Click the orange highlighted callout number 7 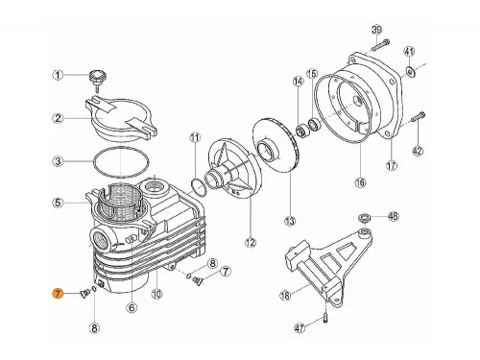pyautogui.click(x=58, y=293)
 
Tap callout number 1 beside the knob pyautogui.click(x=58, y=76)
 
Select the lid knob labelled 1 pyautogui.click(x=98, y=79)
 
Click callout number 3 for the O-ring pyautogui.click(x=58, y=161)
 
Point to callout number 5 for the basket pyautogui.click(x=58, y=203)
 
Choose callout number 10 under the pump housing pyautogui.click(x=156, y=294)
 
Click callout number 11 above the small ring pyautogui.click(x=195, y=138)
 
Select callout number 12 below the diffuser pyautogui.click(x=251, y=243)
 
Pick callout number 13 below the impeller pyautogui.click(x=290, y=221)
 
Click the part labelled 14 pyautogui.click(x=301, y=132)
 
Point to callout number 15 pyautogui.click(x=312, y=74)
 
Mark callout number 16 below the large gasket pyautogui.click(x=360, y=182)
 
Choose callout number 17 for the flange pyautogui.click(x=392, y=166)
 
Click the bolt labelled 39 pyautogui.click(x=380, y=45)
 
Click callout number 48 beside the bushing pyautogui.click(x=394, y=216)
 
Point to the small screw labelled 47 pyautogui.click(x=324, y=319)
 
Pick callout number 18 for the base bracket pyautogui.click(x=285, y=296)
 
